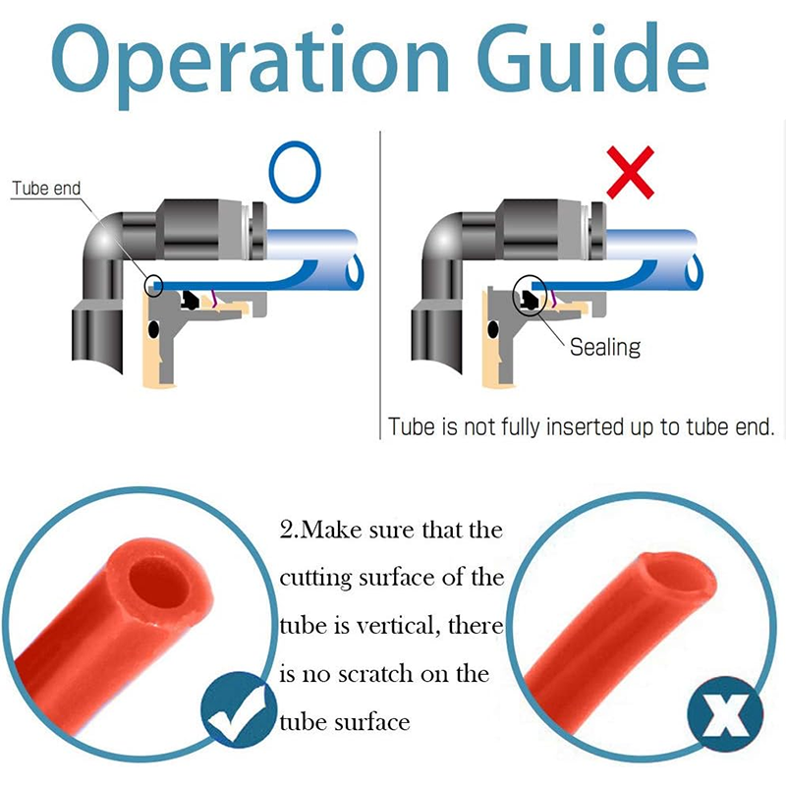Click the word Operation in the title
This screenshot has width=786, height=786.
point(251,63)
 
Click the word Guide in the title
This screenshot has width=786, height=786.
point(592,58)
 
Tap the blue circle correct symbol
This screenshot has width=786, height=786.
point(295,172)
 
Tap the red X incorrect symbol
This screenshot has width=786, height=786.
point(630,173)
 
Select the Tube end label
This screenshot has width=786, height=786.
point(46,189)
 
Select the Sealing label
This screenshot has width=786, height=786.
point(605,347)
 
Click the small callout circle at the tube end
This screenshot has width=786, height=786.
point(153,286)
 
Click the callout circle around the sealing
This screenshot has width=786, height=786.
point(530,295)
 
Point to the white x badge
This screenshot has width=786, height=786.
point(725,714)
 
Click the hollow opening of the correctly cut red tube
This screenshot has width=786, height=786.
point(159,583)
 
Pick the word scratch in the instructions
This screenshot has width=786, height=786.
point(375,674)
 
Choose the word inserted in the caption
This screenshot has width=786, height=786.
point(584,427)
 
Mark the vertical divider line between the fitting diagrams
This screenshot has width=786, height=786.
point(380,285)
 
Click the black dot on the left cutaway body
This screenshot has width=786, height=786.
point(153,329)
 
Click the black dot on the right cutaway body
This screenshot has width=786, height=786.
point(493,329)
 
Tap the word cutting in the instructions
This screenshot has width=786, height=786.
point(315,579)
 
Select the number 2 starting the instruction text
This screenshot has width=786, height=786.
point(287,531)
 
